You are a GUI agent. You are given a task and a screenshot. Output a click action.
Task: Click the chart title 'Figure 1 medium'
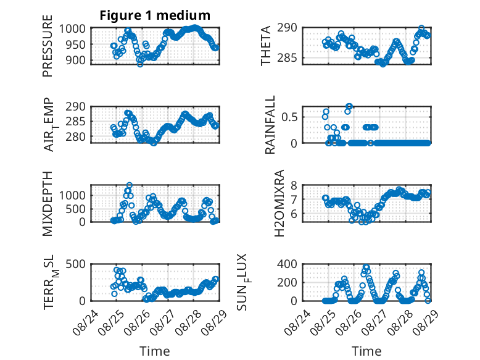(155, 15)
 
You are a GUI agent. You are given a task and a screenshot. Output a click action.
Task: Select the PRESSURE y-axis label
(48, 46)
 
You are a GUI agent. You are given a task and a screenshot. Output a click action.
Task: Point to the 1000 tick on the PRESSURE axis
(72, 28)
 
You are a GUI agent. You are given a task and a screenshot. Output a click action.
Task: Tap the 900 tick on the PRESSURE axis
(75, 60)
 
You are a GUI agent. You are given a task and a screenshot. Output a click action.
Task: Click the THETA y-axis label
(266, 46)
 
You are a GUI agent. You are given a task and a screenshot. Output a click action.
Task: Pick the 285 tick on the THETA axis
(287, 57)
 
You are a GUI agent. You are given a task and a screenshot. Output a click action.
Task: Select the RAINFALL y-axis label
(270, 125)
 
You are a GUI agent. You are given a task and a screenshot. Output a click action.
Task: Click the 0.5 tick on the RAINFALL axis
(289, 117)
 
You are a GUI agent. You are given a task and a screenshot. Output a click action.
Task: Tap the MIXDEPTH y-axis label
(48, 203)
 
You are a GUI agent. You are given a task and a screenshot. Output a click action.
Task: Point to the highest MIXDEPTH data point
(130, 185)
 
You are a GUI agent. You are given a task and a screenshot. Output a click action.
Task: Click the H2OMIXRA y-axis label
(279, 203)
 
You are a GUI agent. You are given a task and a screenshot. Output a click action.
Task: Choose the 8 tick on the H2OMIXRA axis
(294, 185)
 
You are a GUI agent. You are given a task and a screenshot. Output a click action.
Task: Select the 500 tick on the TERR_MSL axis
(75, 264)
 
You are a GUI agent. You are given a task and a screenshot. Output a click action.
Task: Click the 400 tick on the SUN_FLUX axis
(287, 264)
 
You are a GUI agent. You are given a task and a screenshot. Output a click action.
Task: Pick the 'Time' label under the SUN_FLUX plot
(366, 351)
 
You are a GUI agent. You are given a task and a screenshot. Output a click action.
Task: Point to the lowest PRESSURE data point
(140, 64)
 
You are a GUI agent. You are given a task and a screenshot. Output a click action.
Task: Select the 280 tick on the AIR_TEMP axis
(75, 136)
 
